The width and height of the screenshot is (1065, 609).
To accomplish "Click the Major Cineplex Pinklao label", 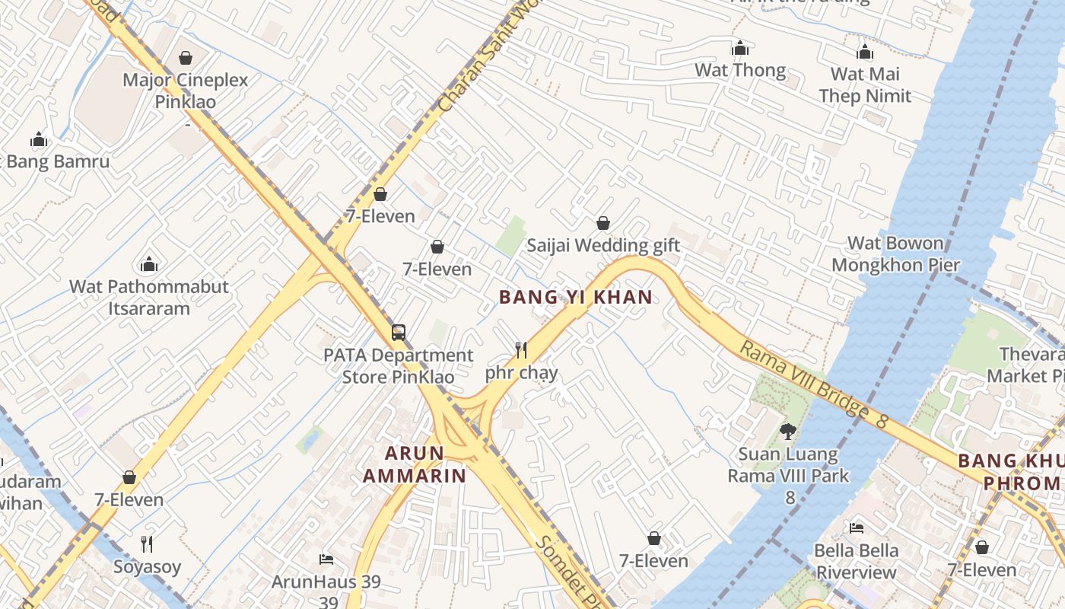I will pos(186,91).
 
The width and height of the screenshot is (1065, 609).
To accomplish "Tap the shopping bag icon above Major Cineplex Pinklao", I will pos(186,57).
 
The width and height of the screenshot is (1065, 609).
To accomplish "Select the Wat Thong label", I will pos(740,71).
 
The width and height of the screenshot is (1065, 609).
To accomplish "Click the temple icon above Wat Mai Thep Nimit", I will pos(865,52).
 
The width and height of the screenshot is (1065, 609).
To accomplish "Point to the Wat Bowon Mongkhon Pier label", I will pos(895,254).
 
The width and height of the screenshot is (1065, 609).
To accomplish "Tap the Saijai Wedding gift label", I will pos(603,246).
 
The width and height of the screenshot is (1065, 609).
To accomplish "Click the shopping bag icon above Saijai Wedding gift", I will pos(603,223).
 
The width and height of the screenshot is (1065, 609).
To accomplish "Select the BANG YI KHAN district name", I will pos(576,297).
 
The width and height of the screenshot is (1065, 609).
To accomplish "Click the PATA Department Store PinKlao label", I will pos(398,366).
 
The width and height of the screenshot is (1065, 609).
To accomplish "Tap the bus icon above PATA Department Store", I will pos(399,333).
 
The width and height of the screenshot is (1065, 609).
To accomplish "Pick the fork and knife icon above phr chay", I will pos(521,350).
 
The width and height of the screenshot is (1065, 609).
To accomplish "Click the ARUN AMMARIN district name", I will pos(415,464).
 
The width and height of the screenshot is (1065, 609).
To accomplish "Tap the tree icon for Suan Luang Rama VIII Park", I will pos(788,432).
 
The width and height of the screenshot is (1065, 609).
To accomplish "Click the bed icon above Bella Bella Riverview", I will pos(857,528).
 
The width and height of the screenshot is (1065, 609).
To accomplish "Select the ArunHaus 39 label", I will pos(326,582).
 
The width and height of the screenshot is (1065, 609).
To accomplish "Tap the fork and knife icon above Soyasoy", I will pos(148,544).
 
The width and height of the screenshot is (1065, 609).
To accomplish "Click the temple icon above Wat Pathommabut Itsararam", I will pos(149,264).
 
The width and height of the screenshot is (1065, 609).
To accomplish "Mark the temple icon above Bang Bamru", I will pos(39,139).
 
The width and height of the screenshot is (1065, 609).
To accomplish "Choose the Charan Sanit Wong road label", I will pos(488,61).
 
